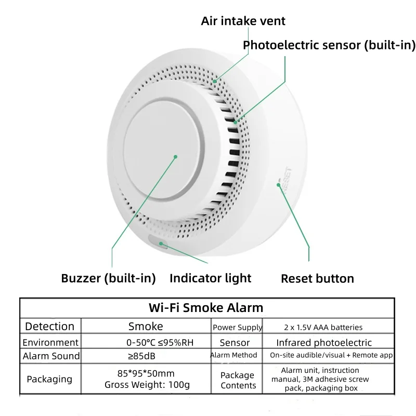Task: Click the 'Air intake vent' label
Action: [243, 21]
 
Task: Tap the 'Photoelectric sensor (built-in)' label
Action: [329, 45]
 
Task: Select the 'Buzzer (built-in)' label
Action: [108, 278]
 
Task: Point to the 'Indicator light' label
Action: [211, 278]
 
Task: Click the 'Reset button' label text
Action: [317, 279]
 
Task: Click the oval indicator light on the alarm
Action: [159, 242]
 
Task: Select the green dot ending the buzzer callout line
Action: [175, 157]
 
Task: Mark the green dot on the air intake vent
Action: [215, 81]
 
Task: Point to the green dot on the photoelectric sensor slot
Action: [236, 122]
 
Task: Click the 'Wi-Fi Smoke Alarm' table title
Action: [206, 308]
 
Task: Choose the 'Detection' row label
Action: [49, 327]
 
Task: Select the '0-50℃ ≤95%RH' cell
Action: [160, 343]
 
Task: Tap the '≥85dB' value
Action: [141, 356]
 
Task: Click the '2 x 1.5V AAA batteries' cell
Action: [323, 328]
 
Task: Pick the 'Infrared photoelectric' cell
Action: [324, 343]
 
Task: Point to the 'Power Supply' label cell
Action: [238, 328]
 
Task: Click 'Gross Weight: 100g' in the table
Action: [147, 385]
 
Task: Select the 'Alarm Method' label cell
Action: [233, 355]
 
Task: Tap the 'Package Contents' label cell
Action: [238, 380]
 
